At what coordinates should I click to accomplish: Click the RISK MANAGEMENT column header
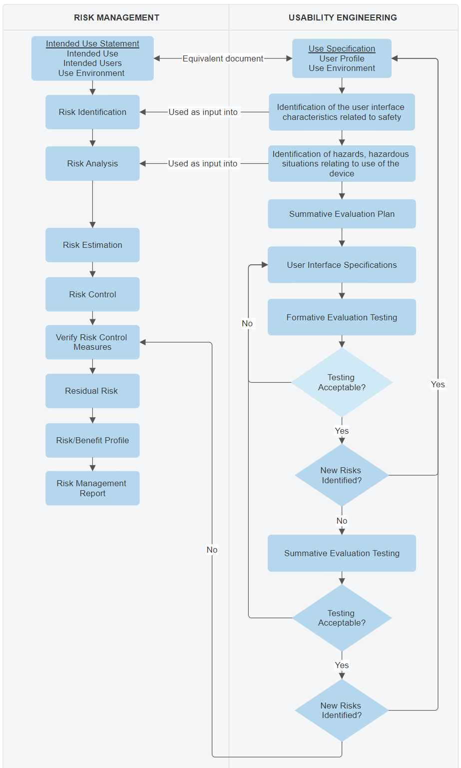coord(116,17)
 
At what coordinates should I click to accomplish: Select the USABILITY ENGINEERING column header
coord(343,17)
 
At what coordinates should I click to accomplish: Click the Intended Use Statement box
coord(92,58)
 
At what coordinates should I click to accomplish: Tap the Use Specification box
coord(342,58)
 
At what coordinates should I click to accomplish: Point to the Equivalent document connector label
coord(223,58)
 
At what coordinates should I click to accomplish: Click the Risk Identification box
coord(92,112)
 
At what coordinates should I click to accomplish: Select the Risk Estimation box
coord(92,245)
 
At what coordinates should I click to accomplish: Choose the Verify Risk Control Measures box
coord(92,342)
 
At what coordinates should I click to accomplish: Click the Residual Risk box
coord(92,391)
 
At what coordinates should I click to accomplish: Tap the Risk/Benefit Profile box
coord(92,440)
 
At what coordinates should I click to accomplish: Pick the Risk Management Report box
coord(92,488)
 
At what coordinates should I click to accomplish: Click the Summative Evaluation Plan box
coord(342,214)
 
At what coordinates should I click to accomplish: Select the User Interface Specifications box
coord(342,265)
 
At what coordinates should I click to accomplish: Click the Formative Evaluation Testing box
coord(342,317)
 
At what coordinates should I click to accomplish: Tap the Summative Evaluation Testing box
coord(342,553)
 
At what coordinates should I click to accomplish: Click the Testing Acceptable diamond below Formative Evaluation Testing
coord(342,382)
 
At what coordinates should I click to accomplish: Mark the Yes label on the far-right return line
coord(438,384)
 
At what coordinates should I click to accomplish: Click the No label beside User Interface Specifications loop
coord(247,323)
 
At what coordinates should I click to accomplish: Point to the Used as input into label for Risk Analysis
coord(203,163)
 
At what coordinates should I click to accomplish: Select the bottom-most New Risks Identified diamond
coord(342,710)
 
